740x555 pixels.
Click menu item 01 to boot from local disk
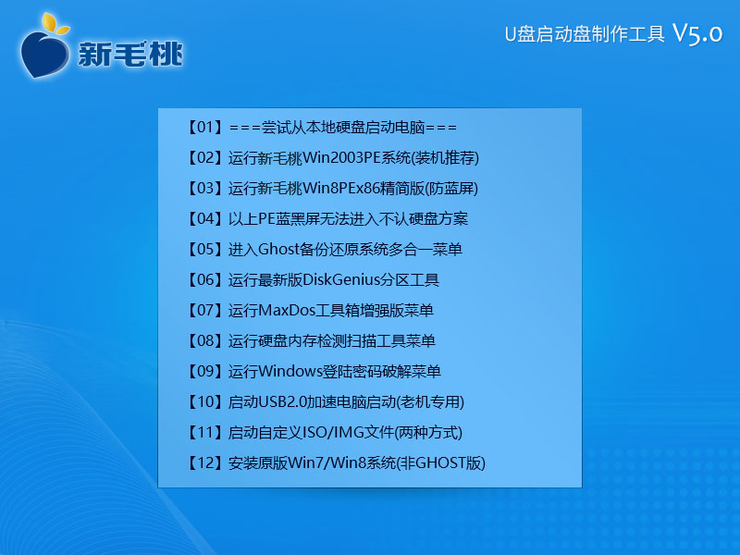(x=322, y=128)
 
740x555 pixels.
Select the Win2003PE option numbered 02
(x=333, y=157)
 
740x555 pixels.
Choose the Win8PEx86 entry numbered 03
(x=332, y=189)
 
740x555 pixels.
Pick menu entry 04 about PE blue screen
(x=327, y=218)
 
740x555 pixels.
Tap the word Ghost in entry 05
(x=279, y=249)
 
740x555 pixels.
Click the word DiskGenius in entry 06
(x=341, y=279)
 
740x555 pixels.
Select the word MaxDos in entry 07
(x=287, y=310)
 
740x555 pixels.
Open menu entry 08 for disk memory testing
(x=311, y=340)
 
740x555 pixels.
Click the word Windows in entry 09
(x=290, y=371)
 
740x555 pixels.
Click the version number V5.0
(x=697, y=33)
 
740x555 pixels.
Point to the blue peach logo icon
(x=43, y=53)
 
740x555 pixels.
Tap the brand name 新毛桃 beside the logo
(x=130, y=54)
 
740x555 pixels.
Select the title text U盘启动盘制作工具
(x=585, y=34)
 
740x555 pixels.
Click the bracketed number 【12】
(x=204, y=462)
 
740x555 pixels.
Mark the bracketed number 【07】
(x=204, y=310)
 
